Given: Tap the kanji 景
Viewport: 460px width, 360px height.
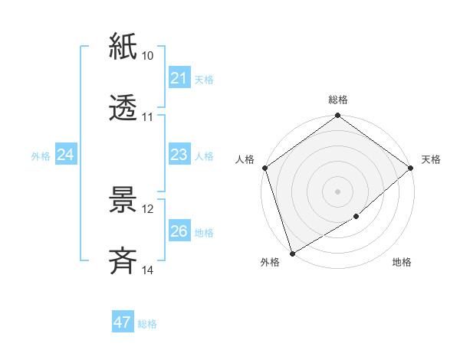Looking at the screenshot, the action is pyautogui.click(x=123, y=200).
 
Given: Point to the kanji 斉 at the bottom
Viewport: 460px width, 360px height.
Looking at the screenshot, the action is pyautogui.click(x=123, y=261).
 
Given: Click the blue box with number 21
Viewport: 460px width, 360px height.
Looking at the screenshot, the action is pyautogui.click(x=179, y=78).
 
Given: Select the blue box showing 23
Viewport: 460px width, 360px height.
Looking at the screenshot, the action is pyautogui.click(x=179, y=155).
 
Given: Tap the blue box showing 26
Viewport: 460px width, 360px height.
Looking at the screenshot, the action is pyautogui.click(x=179, y=231).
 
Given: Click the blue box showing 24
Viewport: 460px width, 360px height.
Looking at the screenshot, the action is pyautogui.click(x=66, y=155).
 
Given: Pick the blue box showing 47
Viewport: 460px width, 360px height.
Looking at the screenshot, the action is pyautogui.click(x=122, y=322).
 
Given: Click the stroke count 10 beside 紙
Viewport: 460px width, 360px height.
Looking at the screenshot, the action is pyautogui.click(x=148, y=56).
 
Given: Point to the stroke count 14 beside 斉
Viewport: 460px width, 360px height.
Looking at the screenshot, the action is pyautogui.click(x=148, y=270).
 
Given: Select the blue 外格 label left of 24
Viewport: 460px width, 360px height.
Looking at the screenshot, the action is pyautogui.click(x=41, y=156).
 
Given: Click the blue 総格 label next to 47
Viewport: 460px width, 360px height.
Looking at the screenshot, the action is pyautogui.click(x=147, y=324).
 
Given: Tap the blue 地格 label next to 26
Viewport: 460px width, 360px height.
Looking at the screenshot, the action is pyautogui.click(x=204, y=233).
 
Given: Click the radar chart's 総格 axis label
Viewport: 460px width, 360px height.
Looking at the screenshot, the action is pyautogui.click(x=337, y=100).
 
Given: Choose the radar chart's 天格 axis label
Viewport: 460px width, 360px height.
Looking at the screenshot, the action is pyautogui.click(x=431, y=159).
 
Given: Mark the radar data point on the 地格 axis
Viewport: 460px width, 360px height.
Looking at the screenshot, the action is pyautogui.click(x=356, y=217).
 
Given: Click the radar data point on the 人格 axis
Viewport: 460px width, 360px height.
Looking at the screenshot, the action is pyautogui.click(x=264, y=168).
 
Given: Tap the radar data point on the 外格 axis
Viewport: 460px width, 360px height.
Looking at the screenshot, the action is pyautogui.click(x=292, y=252).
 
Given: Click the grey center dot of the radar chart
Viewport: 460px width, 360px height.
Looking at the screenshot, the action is pyautogui.click(x=337, y=191).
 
